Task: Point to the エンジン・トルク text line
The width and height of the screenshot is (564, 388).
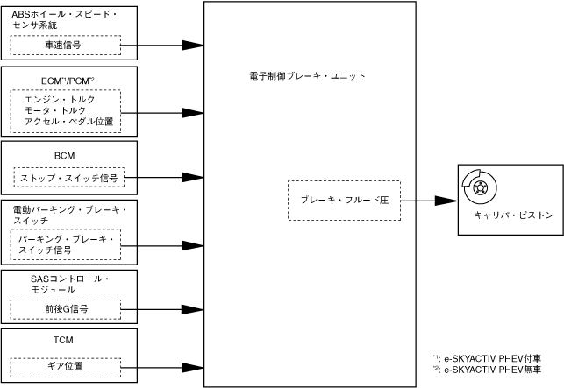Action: click(61, 100)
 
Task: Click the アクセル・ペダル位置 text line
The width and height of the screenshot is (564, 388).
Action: click(68, 123)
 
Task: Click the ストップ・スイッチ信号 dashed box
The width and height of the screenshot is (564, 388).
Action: click(68, 178)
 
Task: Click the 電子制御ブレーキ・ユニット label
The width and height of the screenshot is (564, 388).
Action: click(307, 76)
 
